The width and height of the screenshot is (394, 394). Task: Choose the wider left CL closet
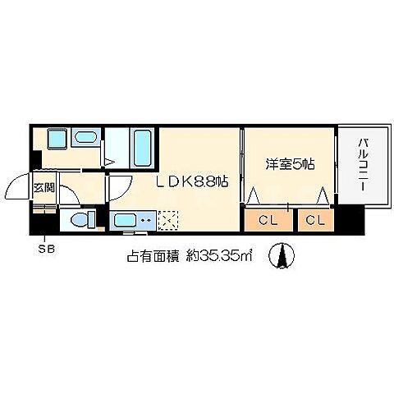[x=267, y=220]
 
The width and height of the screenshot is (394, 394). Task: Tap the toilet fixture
[x=82, y=219]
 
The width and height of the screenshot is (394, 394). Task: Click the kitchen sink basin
[x=126, y=220]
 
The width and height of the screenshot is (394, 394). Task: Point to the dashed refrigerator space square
[x=168, y=220]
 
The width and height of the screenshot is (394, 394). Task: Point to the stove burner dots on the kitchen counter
[x=146, y=219]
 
